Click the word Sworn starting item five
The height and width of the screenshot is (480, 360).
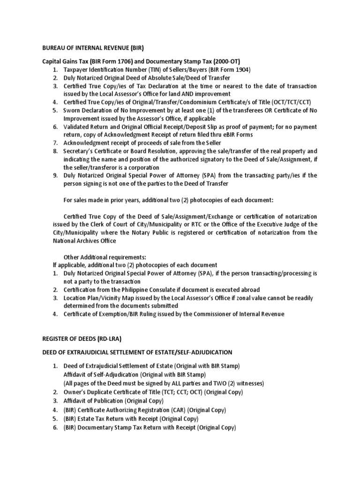tap(73, 110)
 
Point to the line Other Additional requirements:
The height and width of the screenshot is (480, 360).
tap(105, 257)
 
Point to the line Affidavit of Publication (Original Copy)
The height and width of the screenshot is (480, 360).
tap(113, 401)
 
